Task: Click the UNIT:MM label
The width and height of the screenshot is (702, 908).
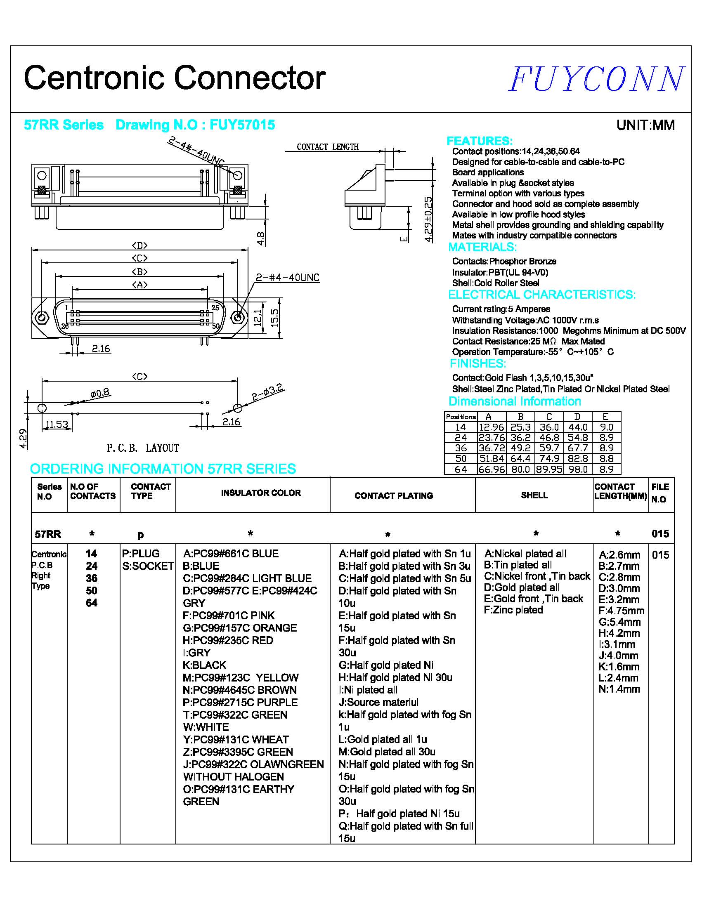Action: point(645,125)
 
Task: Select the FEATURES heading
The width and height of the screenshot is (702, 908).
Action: point(479,141)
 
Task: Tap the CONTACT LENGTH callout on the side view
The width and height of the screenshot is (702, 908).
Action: point(327,147)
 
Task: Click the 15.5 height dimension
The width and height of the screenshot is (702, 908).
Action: point(274,318)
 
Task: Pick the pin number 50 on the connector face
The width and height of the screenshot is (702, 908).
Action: point(215,326)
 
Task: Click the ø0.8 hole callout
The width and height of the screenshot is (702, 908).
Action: point(100,393)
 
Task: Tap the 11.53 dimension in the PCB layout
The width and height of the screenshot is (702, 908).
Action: point(57,425)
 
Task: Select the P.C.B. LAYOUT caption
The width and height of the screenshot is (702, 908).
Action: point(143,448)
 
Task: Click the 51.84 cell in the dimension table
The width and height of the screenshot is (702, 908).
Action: point(492,459)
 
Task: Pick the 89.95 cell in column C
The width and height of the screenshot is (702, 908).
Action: point(549,469)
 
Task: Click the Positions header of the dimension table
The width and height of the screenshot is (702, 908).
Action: point(461,417)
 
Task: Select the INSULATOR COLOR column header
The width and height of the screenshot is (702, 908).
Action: point(261,493)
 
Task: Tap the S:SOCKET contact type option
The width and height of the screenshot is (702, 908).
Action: point(148,566)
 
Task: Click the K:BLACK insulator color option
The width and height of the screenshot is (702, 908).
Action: point(204,665)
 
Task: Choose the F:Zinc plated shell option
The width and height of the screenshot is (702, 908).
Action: point(513,610)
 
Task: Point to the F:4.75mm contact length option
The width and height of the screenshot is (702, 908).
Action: point(622,611)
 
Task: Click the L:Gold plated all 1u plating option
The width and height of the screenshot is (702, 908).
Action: point(383,739)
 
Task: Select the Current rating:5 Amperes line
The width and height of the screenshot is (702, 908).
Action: point(501,309)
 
